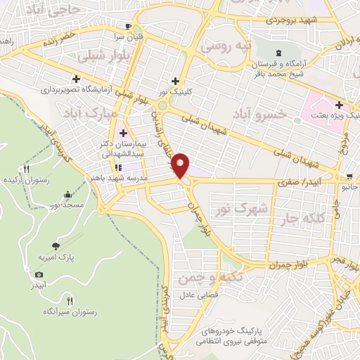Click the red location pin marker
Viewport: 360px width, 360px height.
[181, 166]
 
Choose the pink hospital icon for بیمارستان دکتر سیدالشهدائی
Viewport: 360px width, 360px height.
[124, 133]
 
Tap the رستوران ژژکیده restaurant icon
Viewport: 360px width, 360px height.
[27, 168]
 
